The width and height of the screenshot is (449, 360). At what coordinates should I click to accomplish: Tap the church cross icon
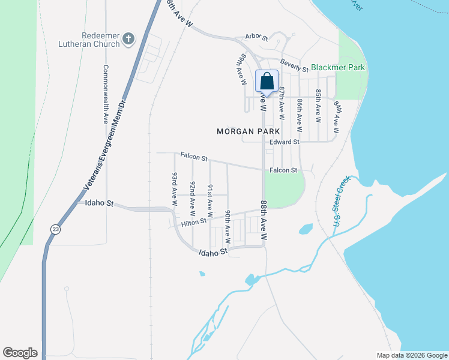click(127, 40)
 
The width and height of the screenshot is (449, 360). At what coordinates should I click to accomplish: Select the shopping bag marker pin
click(267, 81)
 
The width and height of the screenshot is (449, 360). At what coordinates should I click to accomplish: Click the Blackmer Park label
click(338, 68)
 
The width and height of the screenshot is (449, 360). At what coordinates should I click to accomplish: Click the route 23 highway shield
click(55, 229)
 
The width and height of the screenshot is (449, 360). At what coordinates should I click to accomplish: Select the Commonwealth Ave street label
click(106, 94)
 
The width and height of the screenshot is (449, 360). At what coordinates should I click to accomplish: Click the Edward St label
click(284, 142)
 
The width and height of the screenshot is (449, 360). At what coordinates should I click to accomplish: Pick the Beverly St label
click(294, 66)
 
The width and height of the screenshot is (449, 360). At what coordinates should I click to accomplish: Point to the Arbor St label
click(256, 37)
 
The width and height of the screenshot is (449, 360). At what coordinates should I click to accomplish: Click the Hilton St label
click(194, 222)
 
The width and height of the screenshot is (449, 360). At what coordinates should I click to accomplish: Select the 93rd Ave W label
click(175, 190)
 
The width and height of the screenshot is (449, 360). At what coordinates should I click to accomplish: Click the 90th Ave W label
click(228, 227)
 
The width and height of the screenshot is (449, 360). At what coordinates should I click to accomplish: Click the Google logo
click(20, 353)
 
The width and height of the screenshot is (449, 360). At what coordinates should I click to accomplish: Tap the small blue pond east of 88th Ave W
click(306, 229)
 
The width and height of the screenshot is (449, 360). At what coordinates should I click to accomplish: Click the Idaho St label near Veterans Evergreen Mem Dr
click(99, 203)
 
